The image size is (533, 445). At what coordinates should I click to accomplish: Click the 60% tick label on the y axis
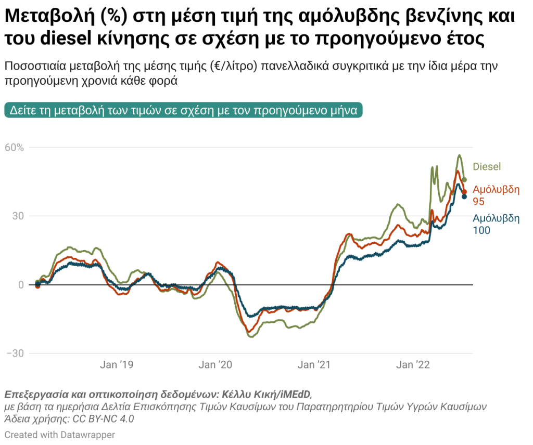[15, 148]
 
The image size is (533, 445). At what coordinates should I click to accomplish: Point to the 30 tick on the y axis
[19, 216]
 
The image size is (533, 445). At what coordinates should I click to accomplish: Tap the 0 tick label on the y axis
[22, 285]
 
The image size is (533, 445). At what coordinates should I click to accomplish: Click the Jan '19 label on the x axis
[116, 365]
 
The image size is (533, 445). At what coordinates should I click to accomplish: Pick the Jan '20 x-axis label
[215, 365]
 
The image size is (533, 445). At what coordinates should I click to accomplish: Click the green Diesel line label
[487, 167]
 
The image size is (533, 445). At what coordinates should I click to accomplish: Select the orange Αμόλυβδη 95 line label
[496, 195]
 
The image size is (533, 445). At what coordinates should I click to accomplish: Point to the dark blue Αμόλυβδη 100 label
[496, 224]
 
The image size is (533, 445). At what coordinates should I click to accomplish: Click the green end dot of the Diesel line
[465, 180]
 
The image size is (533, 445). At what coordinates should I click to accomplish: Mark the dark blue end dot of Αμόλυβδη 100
[464, 197]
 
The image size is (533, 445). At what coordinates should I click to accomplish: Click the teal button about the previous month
[183, 111]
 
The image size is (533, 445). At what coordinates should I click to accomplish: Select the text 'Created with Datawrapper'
[60, 435]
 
